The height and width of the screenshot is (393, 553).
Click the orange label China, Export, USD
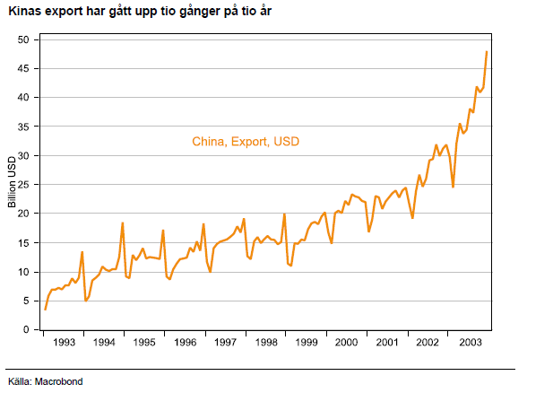(246, 141)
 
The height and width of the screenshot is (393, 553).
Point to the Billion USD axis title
(13, 184)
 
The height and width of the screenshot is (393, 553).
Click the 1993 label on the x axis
(63, 343)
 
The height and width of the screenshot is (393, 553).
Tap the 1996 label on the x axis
(185, 343)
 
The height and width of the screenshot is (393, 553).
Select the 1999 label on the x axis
(307, 343)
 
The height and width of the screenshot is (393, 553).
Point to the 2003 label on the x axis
(469, 343)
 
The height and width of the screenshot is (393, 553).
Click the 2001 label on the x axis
(387, 343)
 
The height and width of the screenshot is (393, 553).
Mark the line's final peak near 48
(487, 52)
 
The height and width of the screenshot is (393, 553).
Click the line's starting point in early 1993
(45, 309)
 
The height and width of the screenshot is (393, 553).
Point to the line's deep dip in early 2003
(453, 187)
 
